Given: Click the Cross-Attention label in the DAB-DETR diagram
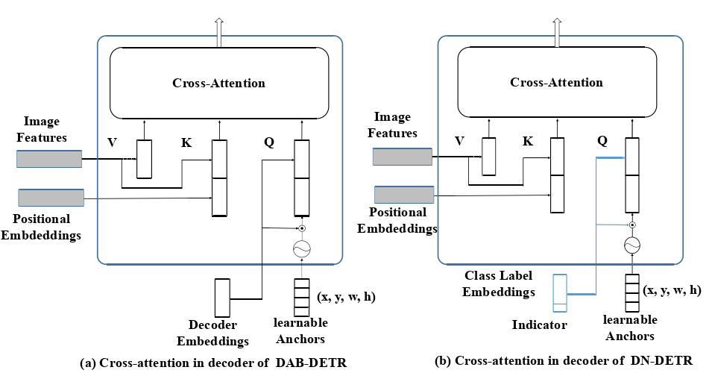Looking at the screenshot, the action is (219, 83).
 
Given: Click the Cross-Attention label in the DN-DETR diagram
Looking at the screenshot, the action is (556, 82).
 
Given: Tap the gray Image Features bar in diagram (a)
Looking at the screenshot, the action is (49, 159).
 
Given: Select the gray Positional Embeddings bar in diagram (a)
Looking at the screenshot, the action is (51, 198).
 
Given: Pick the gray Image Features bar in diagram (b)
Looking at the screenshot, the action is (403, 157).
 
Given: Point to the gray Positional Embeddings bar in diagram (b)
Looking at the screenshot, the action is (404, 195).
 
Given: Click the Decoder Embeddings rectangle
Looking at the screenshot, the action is (222, 298).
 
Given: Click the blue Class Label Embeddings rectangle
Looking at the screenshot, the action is (560, 293).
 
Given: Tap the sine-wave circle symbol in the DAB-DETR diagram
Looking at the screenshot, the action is (302, 248).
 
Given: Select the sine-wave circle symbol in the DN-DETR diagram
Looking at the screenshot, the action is (632, 245).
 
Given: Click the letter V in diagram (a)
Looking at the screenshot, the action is (112, 142).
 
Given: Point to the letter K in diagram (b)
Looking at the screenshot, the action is (528, 141).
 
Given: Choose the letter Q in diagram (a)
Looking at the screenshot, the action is (269, 142).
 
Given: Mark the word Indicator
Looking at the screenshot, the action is (540, 325).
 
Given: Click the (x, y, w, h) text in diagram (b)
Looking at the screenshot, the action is (672, 290).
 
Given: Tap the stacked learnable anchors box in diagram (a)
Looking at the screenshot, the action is (302, 298).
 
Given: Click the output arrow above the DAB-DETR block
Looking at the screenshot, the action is (219, 32).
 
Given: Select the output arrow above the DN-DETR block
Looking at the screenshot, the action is (557, 32).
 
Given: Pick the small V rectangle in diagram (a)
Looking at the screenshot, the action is (145, 159).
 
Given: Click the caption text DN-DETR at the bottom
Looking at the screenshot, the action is (661, 361).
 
